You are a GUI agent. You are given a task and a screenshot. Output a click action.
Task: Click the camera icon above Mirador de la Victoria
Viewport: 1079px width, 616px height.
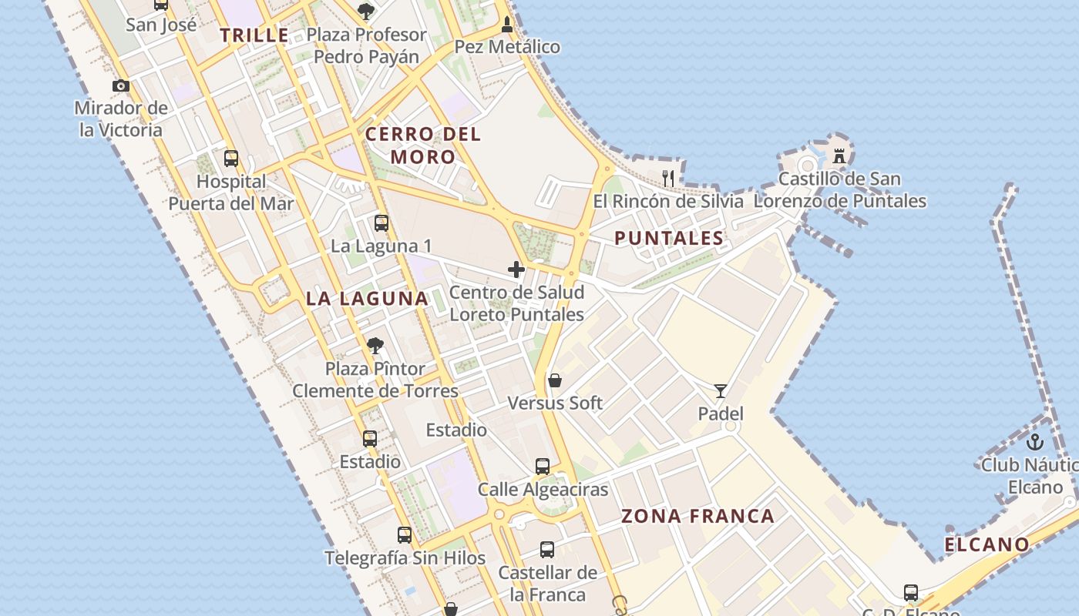[x=121, y=85]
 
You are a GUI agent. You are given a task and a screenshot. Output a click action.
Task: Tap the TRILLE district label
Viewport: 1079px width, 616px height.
[x=254, y=35]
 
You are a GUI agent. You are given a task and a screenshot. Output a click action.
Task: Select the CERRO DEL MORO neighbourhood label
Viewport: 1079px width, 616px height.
[x=423, y=146]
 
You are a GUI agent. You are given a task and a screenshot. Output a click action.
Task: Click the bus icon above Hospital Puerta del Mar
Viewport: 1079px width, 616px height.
[x=231, y=159]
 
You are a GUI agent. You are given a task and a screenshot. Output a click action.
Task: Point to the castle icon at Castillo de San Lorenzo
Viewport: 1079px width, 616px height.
[x=839, y=156]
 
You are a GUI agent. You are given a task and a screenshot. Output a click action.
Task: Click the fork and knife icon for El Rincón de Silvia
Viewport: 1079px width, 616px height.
[x=668, y=178]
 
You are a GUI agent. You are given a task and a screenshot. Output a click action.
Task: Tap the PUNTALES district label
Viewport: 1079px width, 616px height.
[x=669, y=239]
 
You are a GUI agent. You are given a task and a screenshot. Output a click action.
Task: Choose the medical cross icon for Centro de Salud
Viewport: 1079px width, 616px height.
[x=516, y=269]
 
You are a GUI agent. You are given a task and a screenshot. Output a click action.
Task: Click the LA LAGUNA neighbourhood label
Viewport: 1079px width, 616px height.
[x=367, y=299]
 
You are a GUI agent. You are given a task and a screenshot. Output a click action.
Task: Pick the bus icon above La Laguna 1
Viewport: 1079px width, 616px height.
[x=382, y=223]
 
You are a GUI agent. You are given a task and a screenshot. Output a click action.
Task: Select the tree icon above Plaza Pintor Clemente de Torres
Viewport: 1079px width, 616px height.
[x=375, y=346]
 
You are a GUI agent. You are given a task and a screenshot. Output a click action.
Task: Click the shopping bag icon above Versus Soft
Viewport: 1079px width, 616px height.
[x=554, y=380]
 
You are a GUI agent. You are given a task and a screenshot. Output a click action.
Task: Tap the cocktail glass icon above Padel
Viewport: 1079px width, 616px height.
[x=721, y=391]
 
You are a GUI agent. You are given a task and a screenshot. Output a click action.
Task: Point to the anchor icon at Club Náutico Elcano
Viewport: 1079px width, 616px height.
[x=1035, y=442]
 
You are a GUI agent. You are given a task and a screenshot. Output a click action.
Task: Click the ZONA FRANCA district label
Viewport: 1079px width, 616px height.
[x=697, y=516]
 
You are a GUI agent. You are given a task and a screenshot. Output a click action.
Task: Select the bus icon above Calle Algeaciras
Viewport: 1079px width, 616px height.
[x=543, y=466]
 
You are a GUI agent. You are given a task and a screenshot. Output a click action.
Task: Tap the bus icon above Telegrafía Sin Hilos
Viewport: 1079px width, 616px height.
[x=405, y=534]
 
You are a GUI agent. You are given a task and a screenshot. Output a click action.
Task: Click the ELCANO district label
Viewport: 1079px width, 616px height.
[x=987, y=545]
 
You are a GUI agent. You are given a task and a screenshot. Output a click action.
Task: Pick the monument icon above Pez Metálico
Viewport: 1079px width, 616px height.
[x=506, y=24]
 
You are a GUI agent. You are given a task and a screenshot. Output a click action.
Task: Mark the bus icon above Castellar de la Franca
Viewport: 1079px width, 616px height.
[x=547, y=550]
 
